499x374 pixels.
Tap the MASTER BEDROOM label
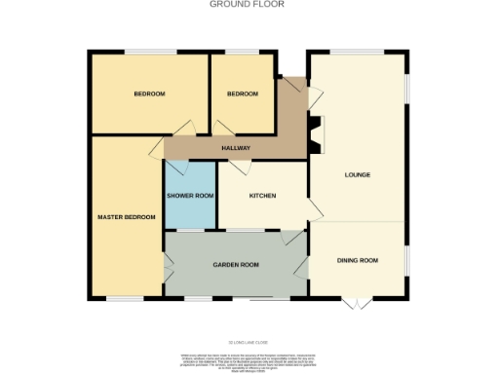[126, 216]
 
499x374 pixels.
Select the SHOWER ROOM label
[189, 196]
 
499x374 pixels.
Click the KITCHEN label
[262, 196]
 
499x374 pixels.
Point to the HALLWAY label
[235, 148]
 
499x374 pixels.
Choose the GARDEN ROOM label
[236, 265]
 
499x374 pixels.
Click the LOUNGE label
[358, 175]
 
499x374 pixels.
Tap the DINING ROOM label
[357, 260]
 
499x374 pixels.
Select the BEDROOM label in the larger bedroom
[149, 93]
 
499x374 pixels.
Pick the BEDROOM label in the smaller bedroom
[242, 93]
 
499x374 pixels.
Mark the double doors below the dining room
[358, 300]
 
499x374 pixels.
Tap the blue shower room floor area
[189, 209]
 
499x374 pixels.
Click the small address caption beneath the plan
[249, 343]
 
